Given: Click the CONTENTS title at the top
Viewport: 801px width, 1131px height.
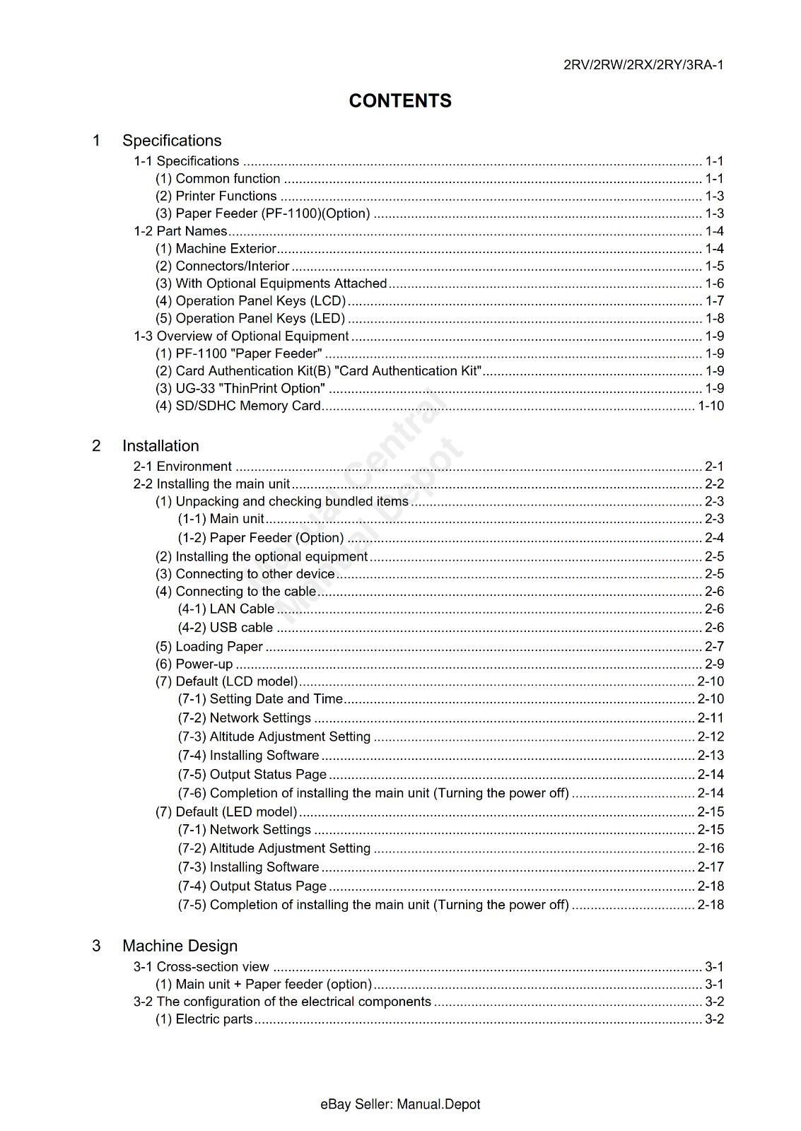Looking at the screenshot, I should coord(400,101).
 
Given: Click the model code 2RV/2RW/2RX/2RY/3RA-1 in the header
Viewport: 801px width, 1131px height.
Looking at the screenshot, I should coord(643,65).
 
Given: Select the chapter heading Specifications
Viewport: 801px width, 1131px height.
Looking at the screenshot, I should coord(172,141).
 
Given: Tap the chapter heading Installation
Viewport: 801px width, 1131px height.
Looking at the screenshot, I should coord(160,446).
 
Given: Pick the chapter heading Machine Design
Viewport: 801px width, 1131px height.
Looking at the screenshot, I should coord(180,946).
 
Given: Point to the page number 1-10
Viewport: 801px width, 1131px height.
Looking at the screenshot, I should coord(711,406).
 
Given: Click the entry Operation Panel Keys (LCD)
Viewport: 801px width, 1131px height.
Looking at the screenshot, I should coord(250,301).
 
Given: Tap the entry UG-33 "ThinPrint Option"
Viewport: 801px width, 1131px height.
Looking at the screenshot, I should coord(240,389).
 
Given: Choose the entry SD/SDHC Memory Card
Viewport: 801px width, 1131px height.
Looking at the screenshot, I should coord(238,406).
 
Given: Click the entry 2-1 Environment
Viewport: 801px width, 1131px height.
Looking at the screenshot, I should coord(182,467).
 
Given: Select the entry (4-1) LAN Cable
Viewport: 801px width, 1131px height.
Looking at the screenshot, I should coord(226,609).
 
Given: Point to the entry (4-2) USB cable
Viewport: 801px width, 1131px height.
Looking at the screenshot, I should coord(226,628).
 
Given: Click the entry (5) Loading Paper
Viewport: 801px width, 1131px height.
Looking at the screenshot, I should coord(209,647).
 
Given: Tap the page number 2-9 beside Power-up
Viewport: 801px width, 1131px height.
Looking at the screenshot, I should coord(714,664).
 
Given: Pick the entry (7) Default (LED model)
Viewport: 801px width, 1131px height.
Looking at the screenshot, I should coord(226,812).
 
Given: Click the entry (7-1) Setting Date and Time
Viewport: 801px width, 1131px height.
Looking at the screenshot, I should coord(260,699).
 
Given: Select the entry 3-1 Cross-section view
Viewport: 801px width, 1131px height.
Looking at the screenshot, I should coord(201,967).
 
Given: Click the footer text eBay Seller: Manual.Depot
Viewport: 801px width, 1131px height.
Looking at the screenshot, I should coord(400,1105).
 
